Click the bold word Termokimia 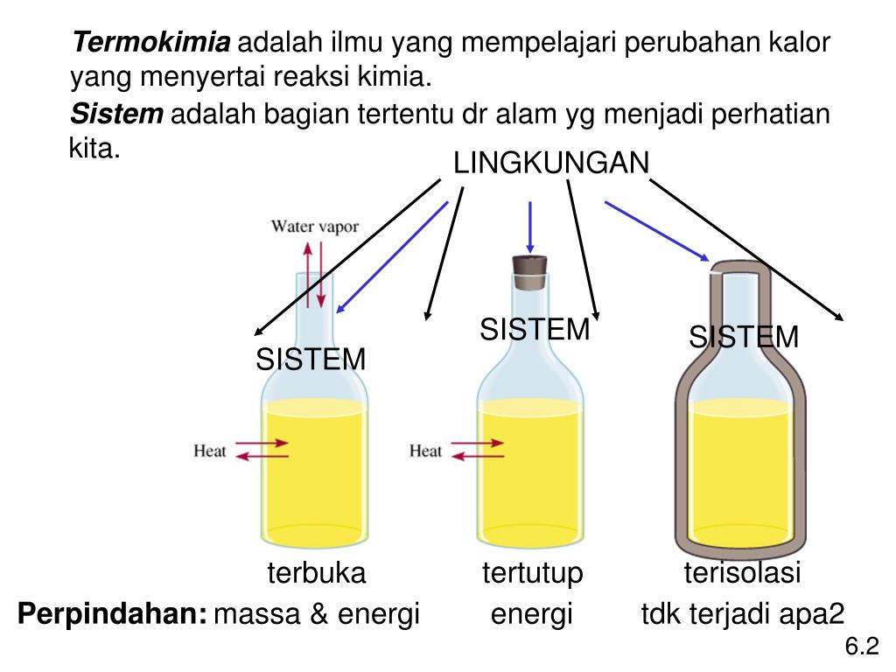pos(150,42)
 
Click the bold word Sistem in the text pos(116,114)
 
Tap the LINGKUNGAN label pos(550,163)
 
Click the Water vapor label pos(314,227)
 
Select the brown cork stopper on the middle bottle pos(529,271)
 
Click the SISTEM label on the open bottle pos(311,359)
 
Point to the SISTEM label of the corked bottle pos(535,330)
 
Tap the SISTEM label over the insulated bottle pos(744,337)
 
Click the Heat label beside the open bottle pos(210,451)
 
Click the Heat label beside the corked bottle pos(426,451)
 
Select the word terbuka pos(316,574)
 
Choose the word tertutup pos(532,574)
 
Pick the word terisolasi pos(742,574)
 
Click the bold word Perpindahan pos(112,614)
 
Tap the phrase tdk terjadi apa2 pos(743,614)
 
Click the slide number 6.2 pos(860,647)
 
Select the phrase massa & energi pos(318,614)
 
